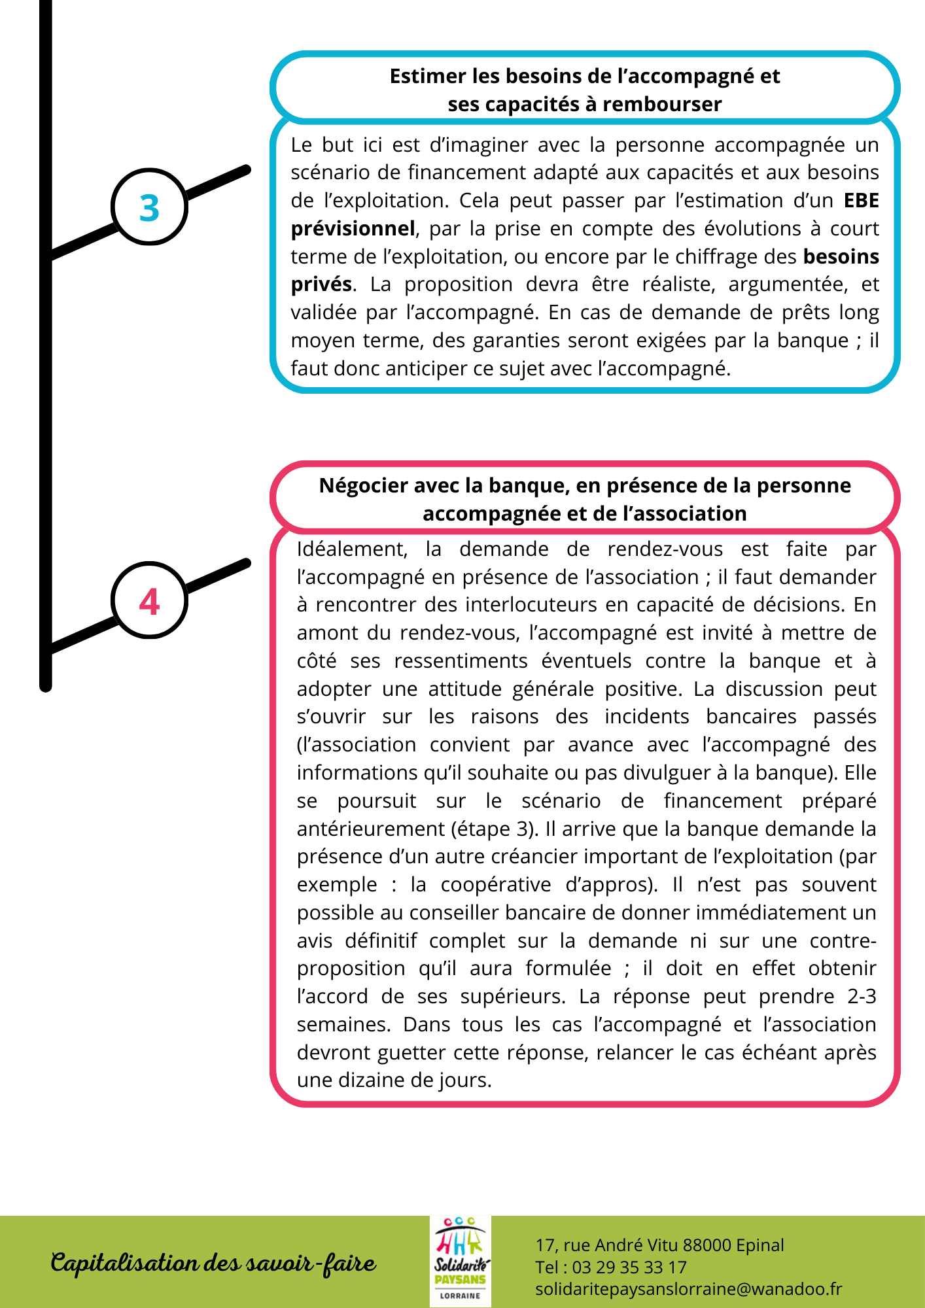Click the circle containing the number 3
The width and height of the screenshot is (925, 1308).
tap(150, 207)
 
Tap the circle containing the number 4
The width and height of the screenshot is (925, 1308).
tap(150, 600)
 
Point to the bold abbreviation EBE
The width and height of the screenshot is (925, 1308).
tap(861, 200)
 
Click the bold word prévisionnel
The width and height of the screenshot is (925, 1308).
tap(353, 228)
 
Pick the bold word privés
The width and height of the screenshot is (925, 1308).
tap(321, 284)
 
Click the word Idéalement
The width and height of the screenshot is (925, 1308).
tap(352, 549)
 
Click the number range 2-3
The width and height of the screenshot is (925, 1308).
tap(862, 996)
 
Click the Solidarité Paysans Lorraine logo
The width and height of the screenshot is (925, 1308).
tap(461, 1261)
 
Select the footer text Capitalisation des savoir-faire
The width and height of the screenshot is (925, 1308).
tap(214, 1263)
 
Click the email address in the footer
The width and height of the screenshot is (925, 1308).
tap(688, 1289)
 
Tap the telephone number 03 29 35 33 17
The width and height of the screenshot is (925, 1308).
tap(629, 1267)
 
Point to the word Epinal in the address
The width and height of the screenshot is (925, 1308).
tap(759, 1245)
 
